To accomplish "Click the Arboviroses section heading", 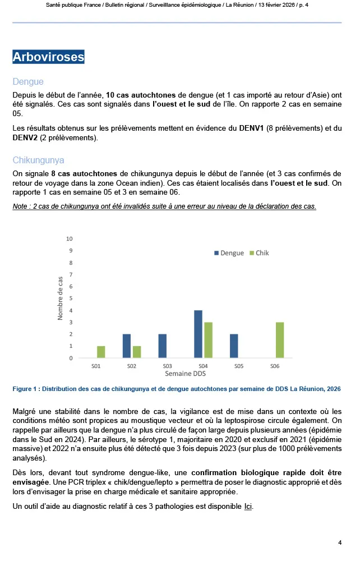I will [48, 57].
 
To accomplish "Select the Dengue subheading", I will [28, 82].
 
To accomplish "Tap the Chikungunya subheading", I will [39, 160].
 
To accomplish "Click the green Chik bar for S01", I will [101, 352].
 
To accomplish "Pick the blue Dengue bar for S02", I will [127, 346].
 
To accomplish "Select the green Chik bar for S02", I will [137, 352].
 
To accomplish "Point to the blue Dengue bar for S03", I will [162, 346].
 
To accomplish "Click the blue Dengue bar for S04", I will [198, 334].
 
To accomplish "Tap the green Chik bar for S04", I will [208, 340].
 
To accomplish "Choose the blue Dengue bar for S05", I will [233, 346].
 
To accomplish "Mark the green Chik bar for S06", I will [279, 340].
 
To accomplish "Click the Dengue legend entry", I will [229, 253].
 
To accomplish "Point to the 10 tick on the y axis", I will [70, 239].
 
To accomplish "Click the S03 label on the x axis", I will [167, 366].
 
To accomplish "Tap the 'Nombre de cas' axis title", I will [61, 298].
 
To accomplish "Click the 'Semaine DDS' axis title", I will [185, 373].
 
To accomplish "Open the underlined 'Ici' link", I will [248, 507].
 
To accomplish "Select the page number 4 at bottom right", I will [340, 542].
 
